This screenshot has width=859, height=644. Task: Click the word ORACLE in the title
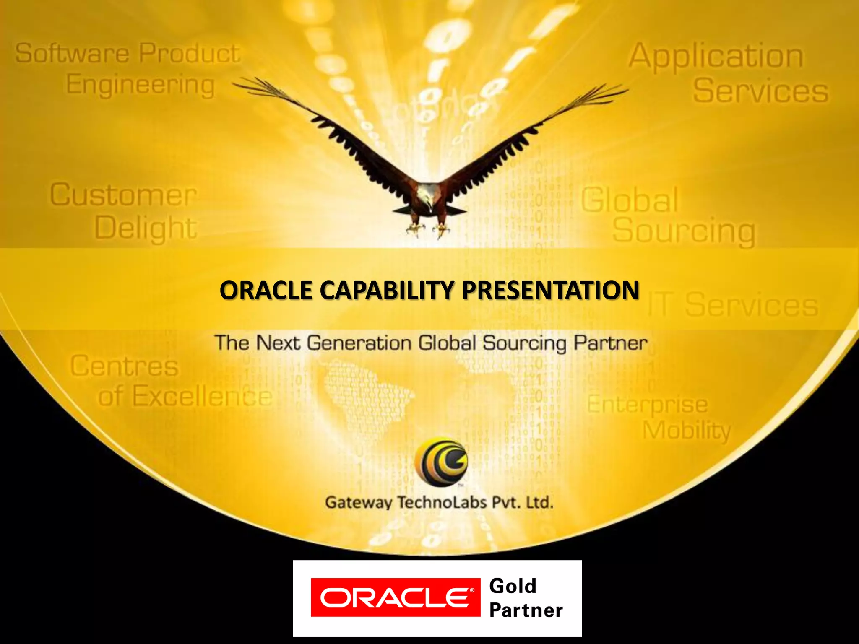click(x=266, y=290)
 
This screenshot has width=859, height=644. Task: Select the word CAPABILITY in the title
click(x=388, y=290)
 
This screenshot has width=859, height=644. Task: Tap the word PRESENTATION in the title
click(x=550, y=290)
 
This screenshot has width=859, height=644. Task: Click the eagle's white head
click(x=427, y=195)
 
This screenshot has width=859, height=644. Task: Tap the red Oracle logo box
click(x=395, y=597)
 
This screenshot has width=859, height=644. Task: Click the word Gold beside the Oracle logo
click(x=513, y=586)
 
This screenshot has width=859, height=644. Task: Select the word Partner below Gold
click(x=526, y=610)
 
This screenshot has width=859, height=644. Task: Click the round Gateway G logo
click(x=441, y=462)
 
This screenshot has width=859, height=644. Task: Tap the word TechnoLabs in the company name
click(x=442, y=502)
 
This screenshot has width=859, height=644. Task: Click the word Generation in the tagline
click(x=359, y=343)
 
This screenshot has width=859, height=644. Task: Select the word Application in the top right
click(x=716, y=56)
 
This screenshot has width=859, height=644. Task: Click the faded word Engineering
click(x=141, y=85)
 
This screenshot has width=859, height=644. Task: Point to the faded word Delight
click(x=146, y=229)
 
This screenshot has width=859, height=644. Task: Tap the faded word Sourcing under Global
click(x=684, y=231)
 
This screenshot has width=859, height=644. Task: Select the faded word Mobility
click(x=687, y=431)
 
